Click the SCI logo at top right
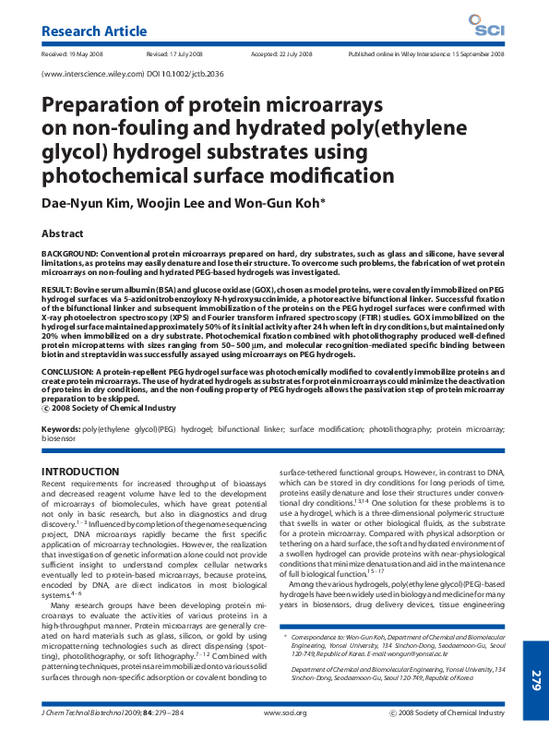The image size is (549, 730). [x=484, y=28]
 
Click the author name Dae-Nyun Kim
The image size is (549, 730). [x=83, y=202]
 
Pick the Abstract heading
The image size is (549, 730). [x=62, y=234]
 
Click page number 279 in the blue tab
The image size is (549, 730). [x=535, y=681]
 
